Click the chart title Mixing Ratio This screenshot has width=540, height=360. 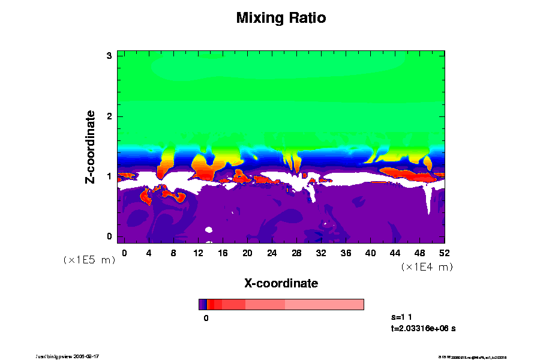pos(281,18)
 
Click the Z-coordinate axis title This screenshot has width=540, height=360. pos(91,146)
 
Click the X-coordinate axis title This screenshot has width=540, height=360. pos(281,283)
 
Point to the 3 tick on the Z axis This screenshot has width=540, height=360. pos(110,56)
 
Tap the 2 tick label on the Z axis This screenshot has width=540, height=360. pos(110,116)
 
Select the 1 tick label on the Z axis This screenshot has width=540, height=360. pos(110,176)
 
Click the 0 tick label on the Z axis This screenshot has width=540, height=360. pos(110,236)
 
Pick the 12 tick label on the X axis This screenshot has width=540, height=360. pos(198,253)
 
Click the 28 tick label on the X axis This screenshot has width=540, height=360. pos(296,253)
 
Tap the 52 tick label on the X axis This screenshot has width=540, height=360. pos(444,253)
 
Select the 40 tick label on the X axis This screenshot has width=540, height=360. pos(370,253)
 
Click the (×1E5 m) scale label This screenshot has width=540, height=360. pos(89,260)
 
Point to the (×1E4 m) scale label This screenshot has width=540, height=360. pos(427,266)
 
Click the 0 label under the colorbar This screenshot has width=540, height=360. pos(206,318)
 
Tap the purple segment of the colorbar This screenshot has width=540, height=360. pos(202,304)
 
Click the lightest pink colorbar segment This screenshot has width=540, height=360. pos(324,304)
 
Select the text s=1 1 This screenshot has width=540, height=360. pos(402,316)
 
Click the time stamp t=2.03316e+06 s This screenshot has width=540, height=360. pos(424,328)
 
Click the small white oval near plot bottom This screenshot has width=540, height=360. pos(209,229)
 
